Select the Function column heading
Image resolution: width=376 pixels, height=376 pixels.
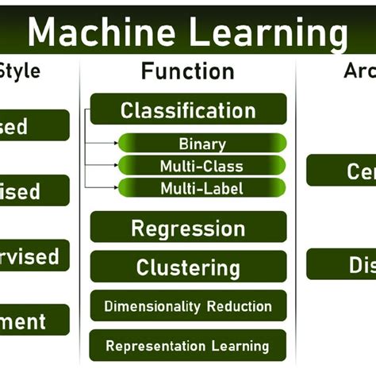point(187,71)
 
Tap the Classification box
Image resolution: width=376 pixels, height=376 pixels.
point(188,109)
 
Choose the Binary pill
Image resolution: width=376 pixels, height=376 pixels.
point(202,144)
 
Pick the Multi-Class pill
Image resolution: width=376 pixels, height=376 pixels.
point(202,167)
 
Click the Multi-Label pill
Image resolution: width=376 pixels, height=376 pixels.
point(202,188)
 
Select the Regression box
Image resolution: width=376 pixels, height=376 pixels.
point(188,228)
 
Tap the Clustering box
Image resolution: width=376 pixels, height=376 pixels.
point(188,267)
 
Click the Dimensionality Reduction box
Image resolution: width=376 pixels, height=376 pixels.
point(188,306)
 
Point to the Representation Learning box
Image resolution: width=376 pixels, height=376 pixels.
point(188,346)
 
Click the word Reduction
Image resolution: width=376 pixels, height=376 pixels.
point(239,306)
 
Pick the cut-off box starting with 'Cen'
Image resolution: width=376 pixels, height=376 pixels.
point(342,171)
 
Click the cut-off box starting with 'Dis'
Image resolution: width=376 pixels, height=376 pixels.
point(342,264)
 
